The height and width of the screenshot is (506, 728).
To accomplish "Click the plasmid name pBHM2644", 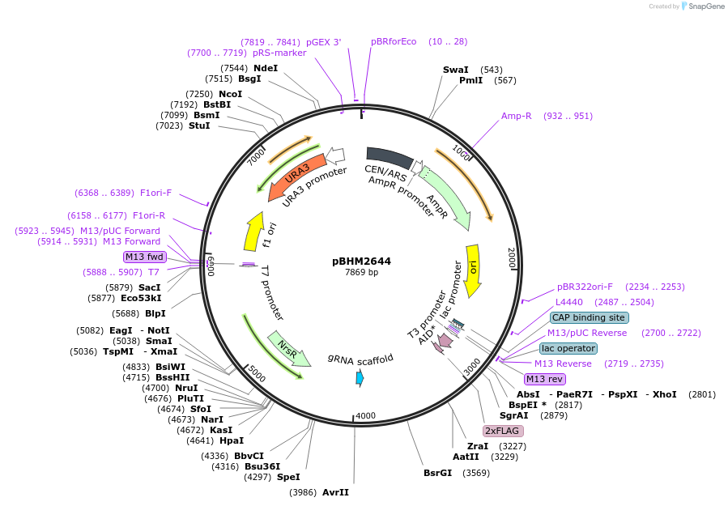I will (x=361, y=261).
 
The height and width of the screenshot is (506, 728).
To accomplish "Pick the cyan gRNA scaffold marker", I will (x=360, y=377).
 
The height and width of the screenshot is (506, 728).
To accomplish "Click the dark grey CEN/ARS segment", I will (x=390, y=159).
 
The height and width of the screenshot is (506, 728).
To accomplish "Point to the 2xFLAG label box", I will (x=504, y=431).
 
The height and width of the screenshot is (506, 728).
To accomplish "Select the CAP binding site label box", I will (x=589, y=317).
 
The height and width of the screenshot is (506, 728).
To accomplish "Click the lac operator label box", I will (x=568, y=348).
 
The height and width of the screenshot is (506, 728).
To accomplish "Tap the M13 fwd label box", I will (x=145, y=257).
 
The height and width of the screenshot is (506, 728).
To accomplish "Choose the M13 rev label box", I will (x=545, y=379).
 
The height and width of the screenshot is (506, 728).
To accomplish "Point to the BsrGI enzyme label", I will (x=437, y=473).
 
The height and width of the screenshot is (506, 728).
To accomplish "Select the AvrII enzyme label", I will (x=335, y=492).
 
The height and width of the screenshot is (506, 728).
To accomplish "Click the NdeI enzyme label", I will (x=266, y=68).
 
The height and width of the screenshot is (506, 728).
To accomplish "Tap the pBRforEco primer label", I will (x=394, y=41).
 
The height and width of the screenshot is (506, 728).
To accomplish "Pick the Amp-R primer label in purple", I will (x=516, y=116).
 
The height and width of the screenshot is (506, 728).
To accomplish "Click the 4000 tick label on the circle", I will (x=366, y=416).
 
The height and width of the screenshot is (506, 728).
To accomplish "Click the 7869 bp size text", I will (x=361, y=272).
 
